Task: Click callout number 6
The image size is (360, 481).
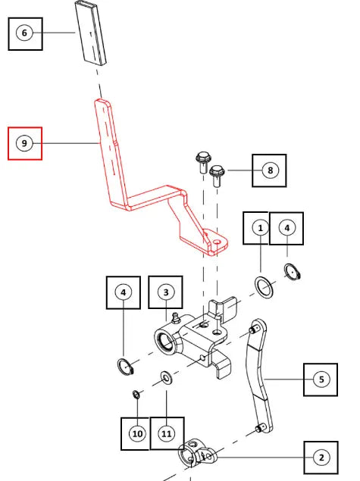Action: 24,33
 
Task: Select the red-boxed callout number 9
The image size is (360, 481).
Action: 24,143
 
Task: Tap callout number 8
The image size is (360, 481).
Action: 270,170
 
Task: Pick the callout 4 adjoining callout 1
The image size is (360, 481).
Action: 287,228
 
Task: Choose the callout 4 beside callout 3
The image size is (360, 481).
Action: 124,292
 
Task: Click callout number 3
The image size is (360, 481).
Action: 166,292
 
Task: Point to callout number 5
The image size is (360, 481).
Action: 321,379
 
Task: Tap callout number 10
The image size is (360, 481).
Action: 137,434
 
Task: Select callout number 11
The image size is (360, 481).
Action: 166,434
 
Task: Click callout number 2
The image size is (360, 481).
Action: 321,458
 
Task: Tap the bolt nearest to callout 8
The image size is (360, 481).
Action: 218,176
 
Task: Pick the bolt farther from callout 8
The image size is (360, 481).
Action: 203,162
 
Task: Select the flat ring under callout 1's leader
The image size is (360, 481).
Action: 264,287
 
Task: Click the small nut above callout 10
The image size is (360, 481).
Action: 136,395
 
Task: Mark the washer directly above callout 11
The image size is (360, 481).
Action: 166,378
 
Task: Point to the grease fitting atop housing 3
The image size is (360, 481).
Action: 176,318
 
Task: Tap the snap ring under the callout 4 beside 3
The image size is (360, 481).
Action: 126,367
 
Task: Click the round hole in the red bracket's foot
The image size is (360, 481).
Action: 218,242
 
